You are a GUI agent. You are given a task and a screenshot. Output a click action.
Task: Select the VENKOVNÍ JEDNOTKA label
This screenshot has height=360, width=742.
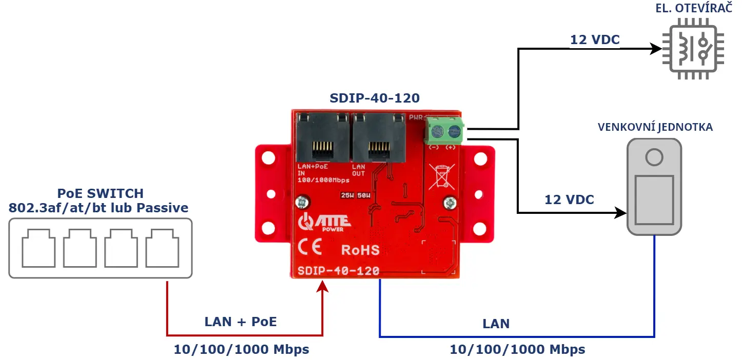[x=655, y=127]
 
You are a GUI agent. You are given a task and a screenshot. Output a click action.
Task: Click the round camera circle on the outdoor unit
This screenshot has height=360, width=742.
[x=654, y=156]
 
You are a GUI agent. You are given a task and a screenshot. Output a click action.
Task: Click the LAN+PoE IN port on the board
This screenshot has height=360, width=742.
[x=322, y=137]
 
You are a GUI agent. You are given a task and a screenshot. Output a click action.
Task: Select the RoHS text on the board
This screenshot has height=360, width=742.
[x=361, y=250]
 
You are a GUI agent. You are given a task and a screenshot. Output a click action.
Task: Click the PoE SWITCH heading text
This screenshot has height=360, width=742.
[x=100, y=193]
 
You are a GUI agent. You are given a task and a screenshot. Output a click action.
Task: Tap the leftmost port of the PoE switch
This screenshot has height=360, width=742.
[x=38, y=249]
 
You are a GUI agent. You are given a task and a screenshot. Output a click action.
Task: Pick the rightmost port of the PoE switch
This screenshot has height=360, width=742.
[x=162, y=249]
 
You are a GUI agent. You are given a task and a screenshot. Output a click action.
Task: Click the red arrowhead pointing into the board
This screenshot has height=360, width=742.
[x=322, y=285]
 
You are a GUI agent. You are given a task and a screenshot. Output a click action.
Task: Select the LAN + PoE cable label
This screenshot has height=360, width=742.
[x=240, y=322]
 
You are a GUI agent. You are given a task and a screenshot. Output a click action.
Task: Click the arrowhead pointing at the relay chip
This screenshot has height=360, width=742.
[x=655, y=49]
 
